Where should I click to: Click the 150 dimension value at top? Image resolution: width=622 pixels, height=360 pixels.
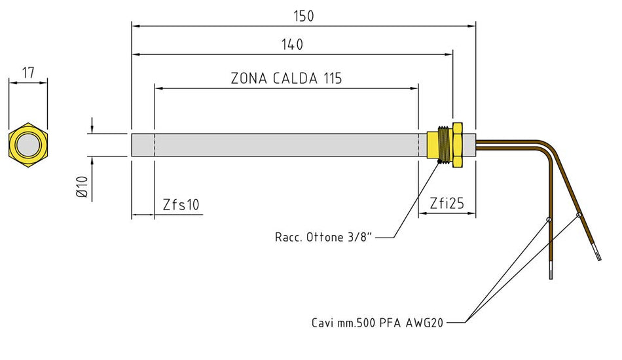coord(304,16)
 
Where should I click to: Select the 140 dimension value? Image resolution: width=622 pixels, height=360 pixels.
coord(293,45)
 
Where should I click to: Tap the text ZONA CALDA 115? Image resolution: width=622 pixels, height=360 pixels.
coord(286,79)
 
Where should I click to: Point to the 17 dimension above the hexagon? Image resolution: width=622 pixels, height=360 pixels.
coord(28,73)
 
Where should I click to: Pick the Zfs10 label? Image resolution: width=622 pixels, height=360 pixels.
coord(181,205)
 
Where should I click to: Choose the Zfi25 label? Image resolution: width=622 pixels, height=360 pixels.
coord(447,204)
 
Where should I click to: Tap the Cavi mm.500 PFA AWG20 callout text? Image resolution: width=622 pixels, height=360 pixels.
coord(378,323)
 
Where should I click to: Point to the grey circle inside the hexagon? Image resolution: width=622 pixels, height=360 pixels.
coord(28,145)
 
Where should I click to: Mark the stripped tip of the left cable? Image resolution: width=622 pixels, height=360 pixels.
coord(551,271)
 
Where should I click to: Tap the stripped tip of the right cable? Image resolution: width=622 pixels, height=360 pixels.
coord(598,255)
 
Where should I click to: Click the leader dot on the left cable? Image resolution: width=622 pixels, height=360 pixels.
coord(549,220)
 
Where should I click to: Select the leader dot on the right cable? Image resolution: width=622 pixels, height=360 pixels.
coord(579,215)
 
